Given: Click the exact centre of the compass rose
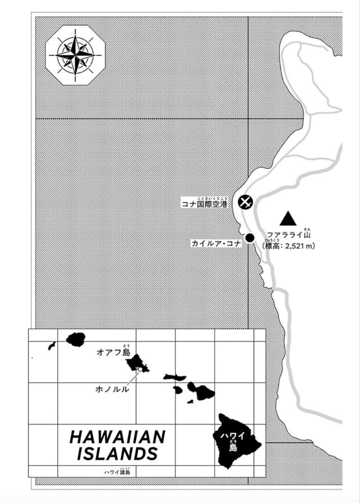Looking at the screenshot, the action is [75, 55].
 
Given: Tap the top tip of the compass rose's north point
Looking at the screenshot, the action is [75, 35].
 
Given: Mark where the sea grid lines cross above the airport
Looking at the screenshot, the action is [248, 118].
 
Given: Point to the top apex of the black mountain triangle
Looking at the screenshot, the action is [288, 211].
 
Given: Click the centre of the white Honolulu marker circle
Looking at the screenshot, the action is [140, 369].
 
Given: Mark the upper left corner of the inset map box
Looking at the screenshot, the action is [29, 329].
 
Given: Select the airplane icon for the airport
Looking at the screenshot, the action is [245, 202].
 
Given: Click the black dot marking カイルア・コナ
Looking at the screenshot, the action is [250, 237].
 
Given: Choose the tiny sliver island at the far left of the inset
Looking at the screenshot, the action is [52, 345].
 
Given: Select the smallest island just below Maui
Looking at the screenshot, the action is [190, 401].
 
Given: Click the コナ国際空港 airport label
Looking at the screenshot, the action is [204, 204].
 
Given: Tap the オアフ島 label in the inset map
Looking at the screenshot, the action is [114, 352].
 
